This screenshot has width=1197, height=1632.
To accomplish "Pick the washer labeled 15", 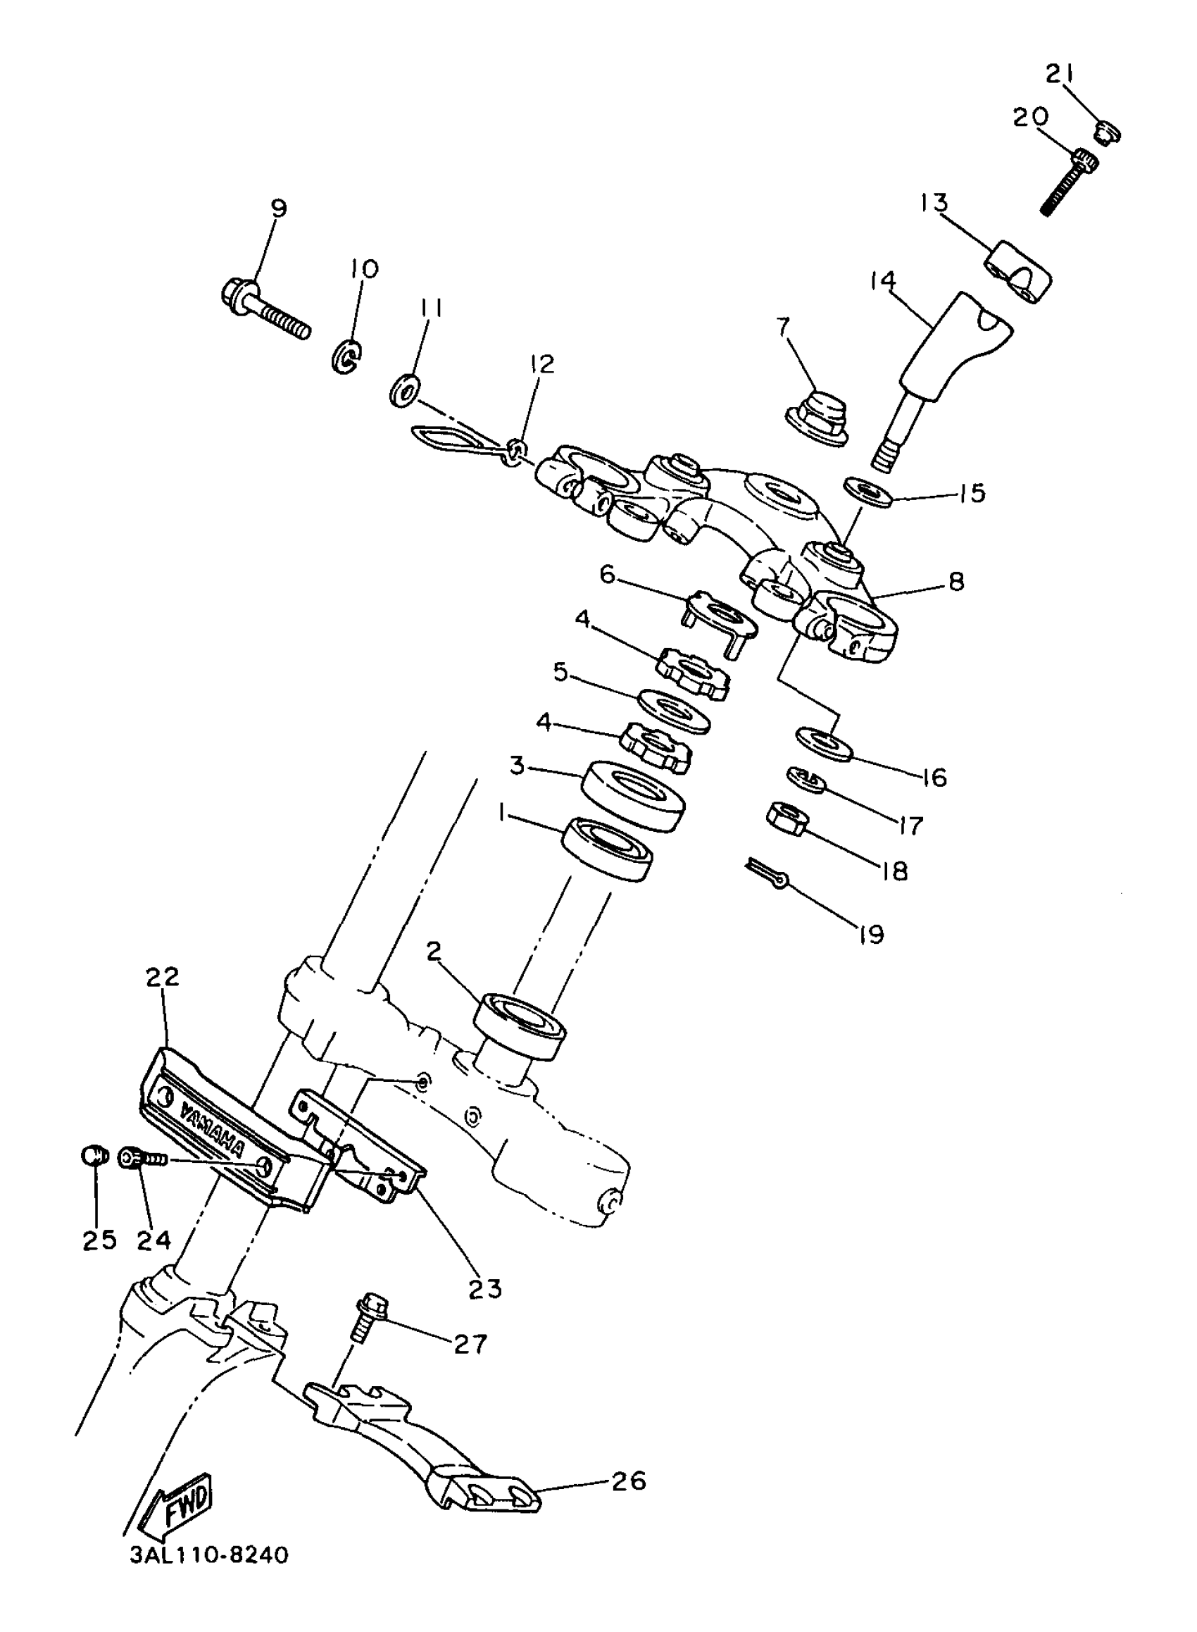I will (867, 493).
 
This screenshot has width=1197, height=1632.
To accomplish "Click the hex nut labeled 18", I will (788, 818).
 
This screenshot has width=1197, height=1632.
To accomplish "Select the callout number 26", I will (628, 1481).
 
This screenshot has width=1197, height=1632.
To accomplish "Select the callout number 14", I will (882, 281).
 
